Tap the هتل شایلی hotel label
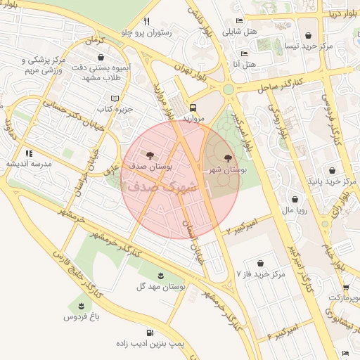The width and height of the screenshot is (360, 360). point(236,32)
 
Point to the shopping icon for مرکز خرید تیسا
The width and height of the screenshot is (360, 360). point(308,34)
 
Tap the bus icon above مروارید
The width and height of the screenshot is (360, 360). point(193,108)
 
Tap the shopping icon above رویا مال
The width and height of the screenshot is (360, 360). point(294,199)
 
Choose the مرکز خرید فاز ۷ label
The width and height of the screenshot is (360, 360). point(261,274)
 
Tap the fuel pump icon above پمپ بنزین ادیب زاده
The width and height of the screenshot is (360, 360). point(149,333)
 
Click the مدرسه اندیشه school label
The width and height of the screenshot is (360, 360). point(26,164)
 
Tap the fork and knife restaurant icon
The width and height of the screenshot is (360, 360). point(146,20)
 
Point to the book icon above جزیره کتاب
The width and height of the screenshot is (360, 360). point(115,99)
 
